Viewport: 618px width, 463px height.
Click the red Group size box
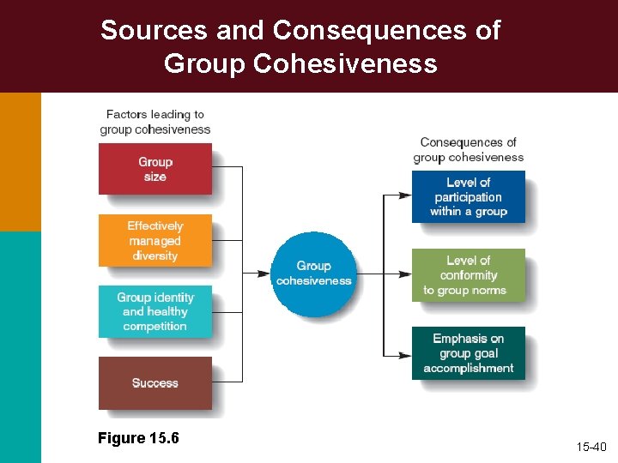[154, 169]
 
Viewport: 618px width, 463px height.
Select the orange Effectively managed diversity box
[154, 241]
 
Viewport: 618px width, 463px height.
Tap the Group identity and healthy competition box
[154, 311]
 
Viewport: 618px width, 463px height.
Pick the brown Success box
[154, 382]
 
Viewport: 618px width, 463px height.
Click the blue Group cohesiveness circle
[313, 274]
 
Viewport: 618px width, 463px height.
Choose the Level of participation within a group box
[468, 196]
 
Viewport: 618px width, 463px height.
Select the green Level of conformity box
[468, 275]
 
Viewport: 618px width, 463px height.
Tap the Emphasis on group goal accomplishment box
[468, 353]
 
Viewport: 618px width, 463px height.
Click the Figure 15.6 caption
[138, 438]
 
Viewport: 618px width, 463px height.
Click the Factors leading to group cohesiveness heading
[154, 122]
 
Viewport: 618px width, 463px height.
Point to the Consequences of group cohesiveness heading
[468, 149]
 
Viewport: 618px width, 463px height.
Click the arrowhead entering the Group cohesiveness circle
[265, 274]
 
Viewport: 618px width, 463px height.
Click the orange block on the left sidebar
[20, 161]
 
